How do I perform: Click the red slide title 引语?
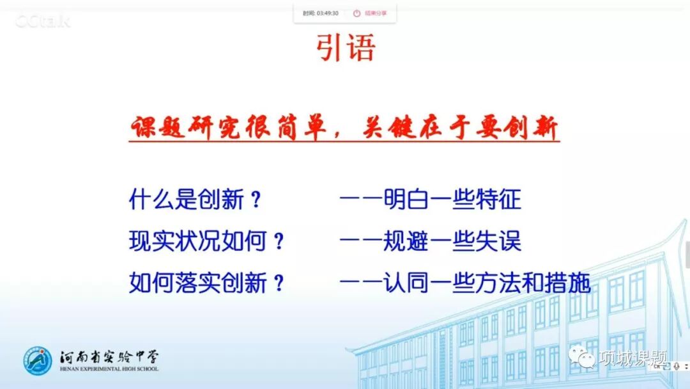(x=346, y=47)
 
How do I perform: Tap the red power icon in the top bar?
(x=356, y=13)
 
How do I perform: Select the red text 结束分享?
(x=376, y=13)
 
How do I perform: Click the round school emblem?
(x=39, y=361)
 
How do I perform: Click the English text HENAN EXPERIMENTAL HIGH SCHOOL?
(x=109, y=369)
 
